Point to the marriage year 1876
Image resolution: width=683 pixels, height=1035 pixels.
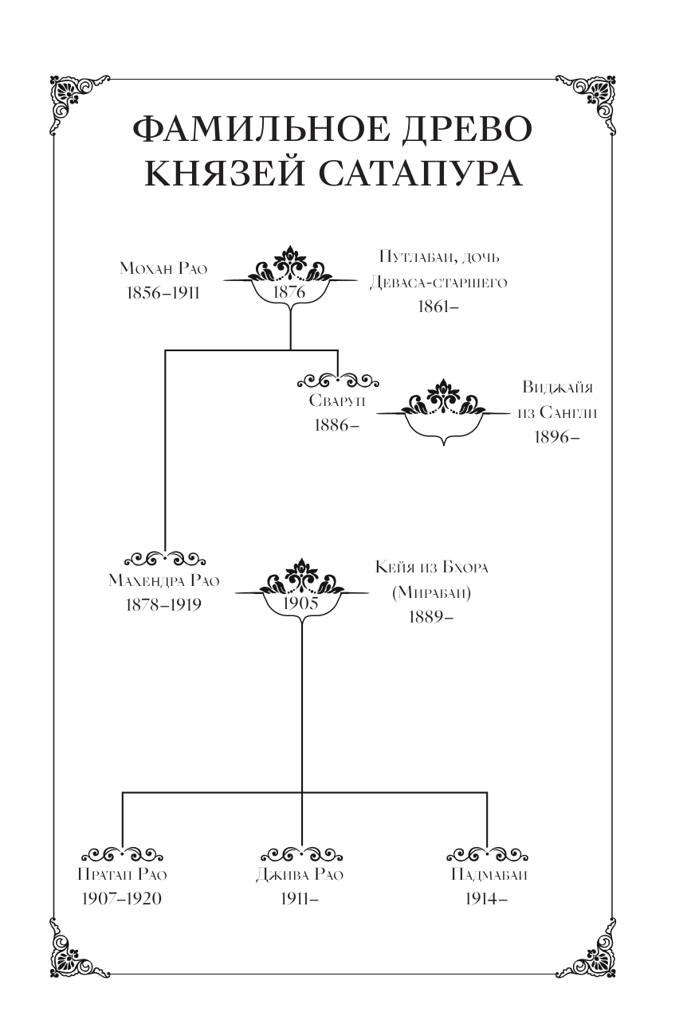(290, 292)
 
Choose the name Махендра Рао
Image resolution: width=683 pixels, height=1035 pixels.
(164, 580)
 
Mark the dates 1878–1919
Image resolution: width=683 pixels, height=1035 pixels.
(164, 604)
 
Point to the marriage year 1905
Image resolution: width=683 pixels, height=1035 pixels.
(301, 603)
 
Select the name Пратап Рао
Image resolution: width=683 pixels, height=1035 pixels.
(122, 874)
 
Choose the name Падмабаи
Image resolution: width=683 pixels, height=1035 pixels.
(486, 874)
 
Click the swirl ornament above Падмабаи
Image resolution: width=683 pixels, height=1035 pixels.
(486, 853)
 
